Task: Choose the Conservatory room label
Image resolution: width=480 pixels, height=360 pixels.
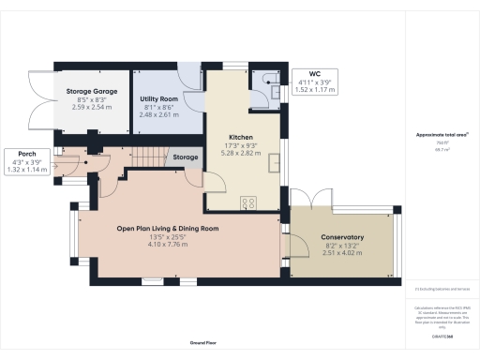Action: [x=341, y=238]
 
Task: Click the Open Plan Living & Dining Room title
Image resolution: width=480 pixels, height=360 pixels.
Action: [x=167, y=229]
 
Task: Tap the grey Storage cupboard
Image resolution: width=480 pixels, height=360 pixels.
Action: [x=186, y=157]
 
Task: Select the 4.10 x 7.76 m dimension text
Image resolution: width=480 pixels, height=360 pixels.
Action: [x=167, y=244]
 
